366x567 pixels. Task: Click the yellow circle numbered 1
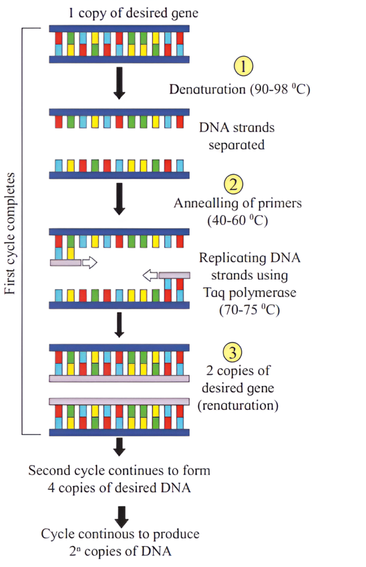point(244,67)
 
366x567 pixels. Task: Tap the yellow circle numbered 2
point(233,183)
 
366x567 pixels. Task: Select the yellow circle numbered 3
point(233,352)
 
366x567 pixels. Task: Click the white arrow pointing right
point(89,263)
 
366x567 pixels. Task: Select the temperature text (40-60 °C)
point(237,220)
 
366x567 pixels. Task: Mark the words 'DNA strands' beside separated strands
point(237,128)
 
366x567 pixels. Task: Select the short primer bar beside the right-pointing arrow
point(65,263)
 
